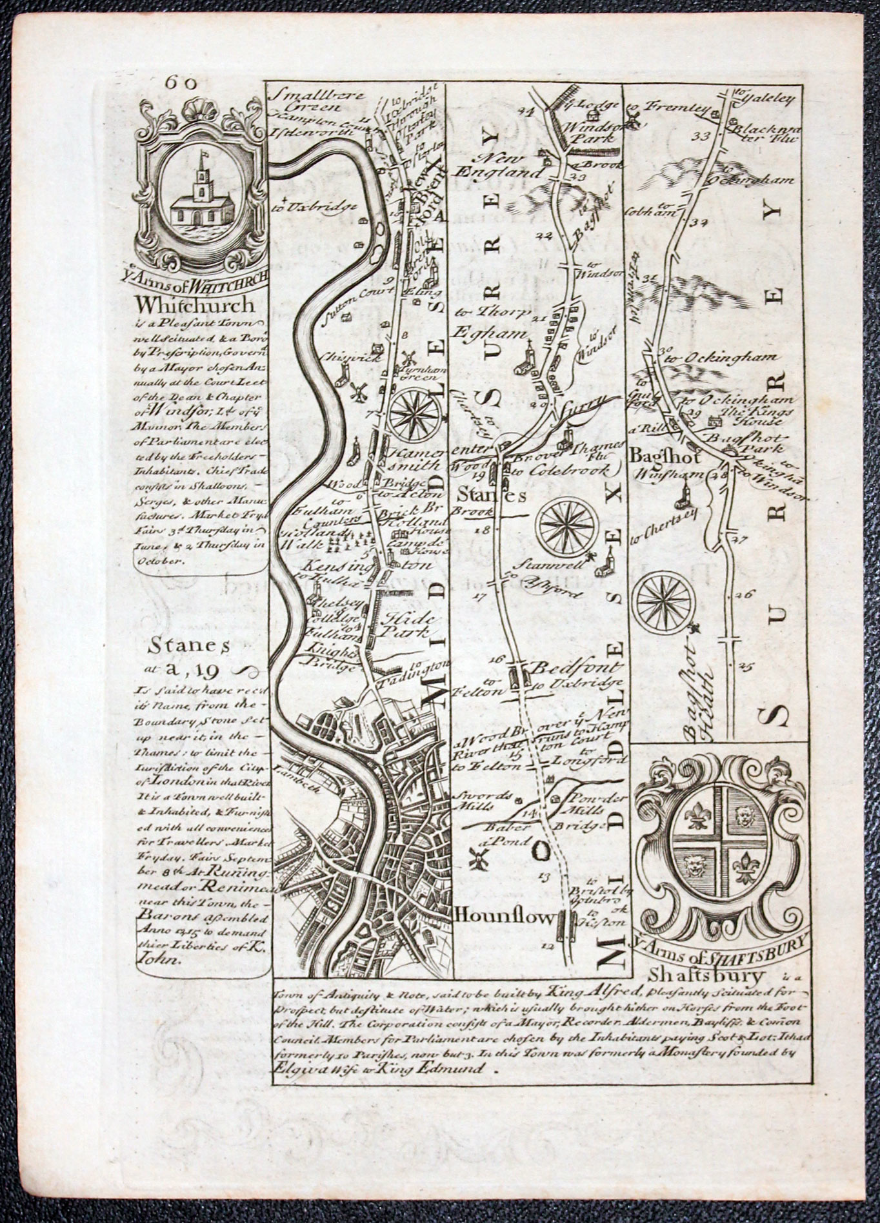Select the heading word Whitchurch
coord(196,304)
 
